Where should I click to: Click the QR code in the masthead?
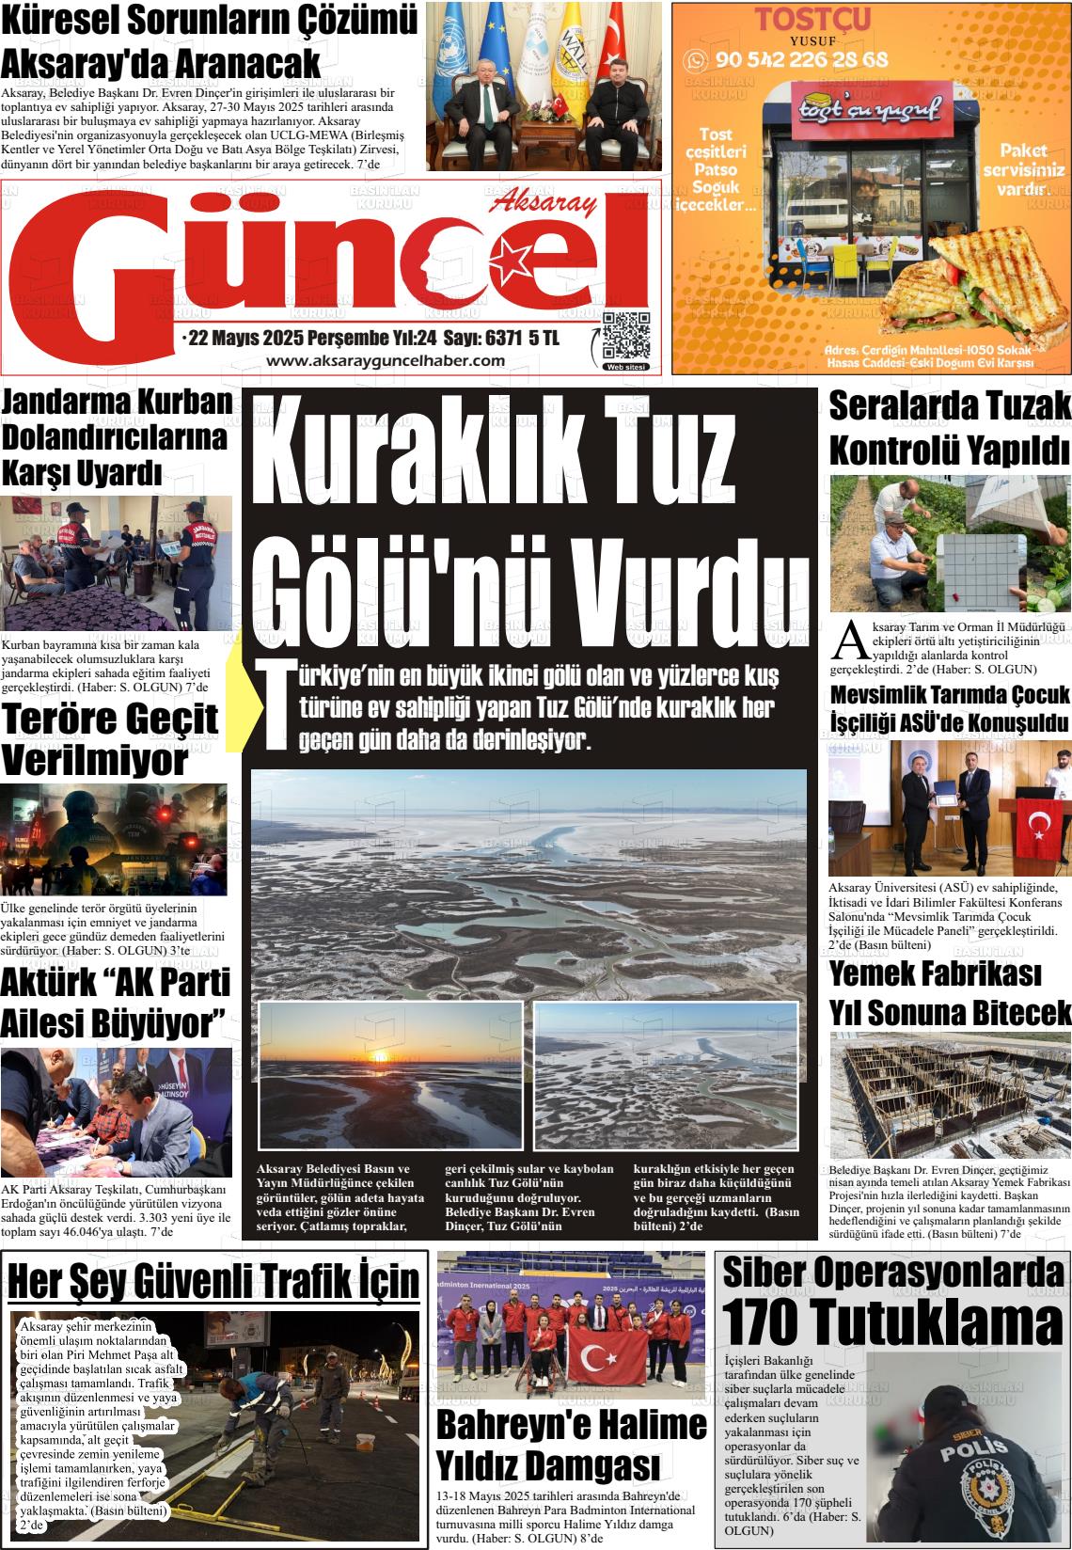(x=625, y=336)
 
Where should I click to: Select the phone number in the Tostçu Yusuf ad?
(x=801, y=60)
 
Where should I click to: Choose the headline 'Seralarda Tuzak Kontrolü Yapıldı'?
(x=950, y=428)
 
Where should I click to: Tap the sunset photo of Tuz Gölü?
(x=390, y=1075)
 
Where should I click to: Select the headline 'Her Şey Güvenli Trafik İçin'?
(x=213, y=1281)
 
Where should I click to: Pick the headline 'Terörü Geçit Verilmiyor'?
(x=110, y=739)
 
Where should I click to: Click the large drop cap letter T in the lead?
(x=273, y=705)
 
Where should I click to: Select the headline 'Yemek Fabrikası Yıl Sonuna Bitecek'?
(x=950, y=993)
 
